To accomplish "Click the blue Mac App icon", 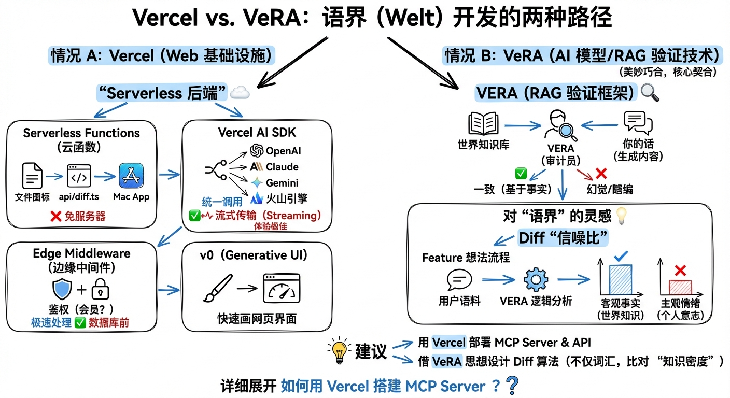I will tap(131, 176).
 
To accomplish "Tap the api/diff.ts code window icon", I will tap(79, 176).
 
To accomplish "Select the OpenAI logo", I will tap(257, 151).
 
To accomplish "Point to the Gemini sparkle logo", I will tap(257, 182).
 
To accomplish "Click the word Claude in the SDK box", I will tap(282, 167).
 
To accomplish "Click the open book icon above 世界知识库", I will tap(483, 124).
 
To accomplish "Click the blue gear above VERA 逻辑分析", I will tap(536, 280).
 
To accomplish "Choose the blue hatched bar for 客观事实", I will tap(621, 280).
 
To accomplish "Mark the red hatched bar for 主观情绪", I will tap(680, 287).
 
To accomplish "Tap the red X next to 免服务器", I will tap(56, 216).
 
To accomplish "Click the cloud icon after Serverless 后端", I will tap(240, 93).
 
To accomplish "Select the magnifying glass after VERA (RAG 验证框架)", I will tap(650, 92).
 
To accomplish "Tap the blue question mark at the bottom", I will tap(512, 386).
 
